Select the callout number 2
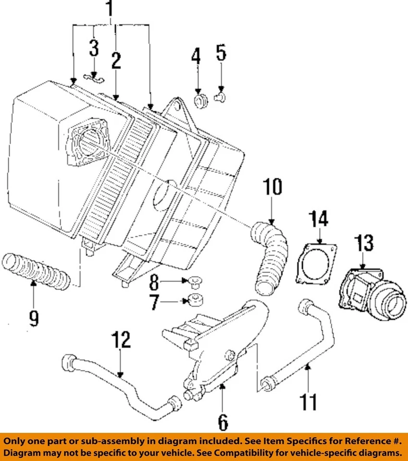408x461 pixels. [116, 61]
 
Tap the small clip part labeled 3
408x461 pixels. [94, 77]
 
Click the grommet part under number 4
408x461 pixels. [200, 101]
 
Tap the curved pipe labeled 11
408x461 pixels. [308, 346]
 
